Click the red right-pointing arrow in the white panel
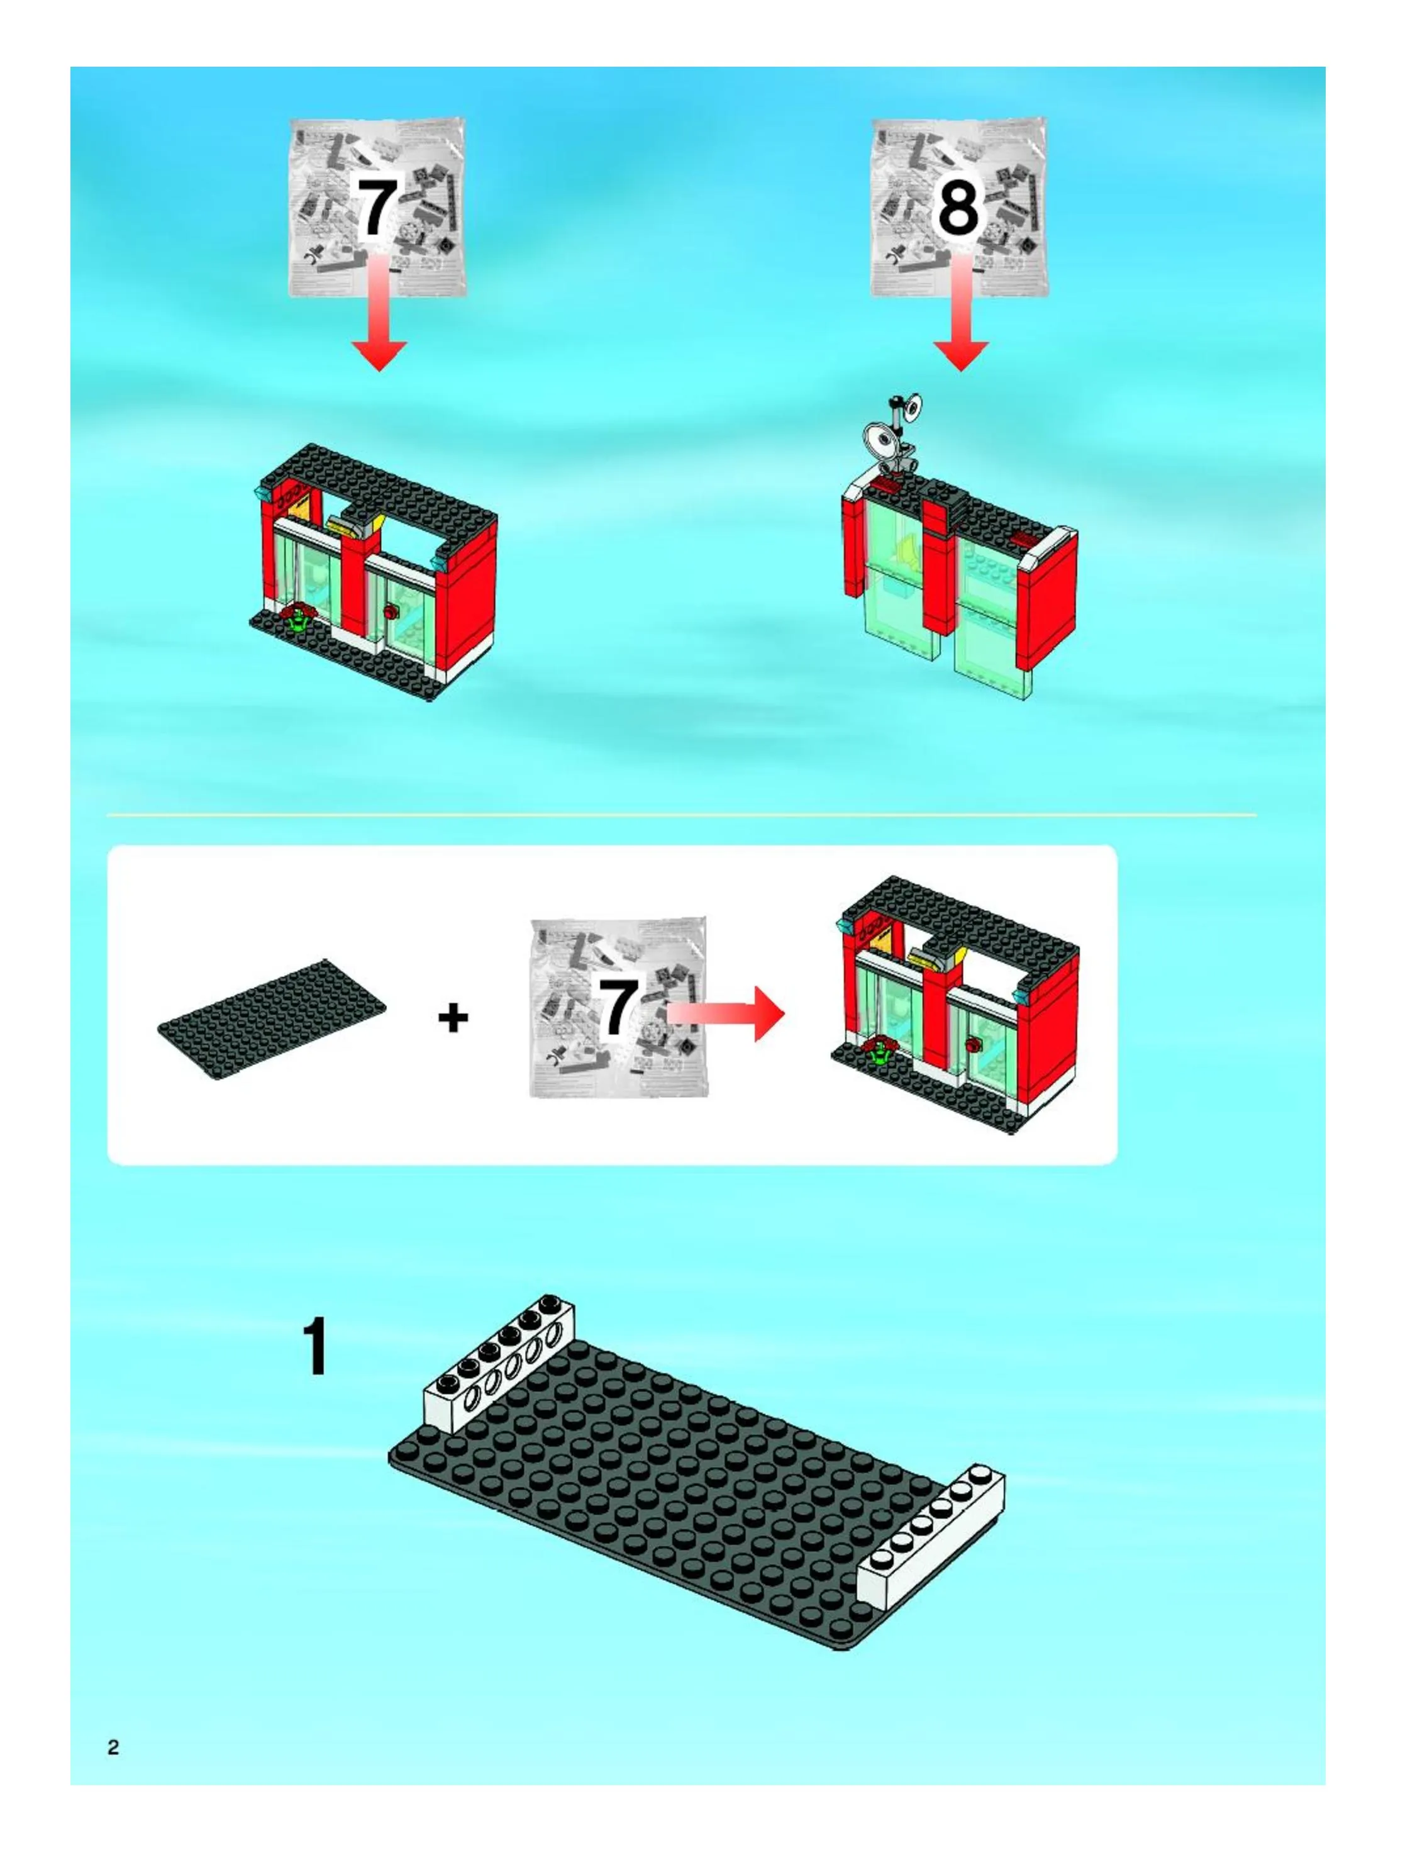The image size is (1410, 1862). point(726,1013)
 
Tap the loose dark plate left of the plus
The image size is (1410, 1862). point(272,1018)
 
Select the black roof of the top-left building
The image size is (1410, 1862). point(376,488)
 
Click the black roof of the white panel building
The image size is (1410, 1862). point(959,922)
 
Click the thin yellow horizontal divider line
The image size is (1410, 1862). point(682,815)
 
